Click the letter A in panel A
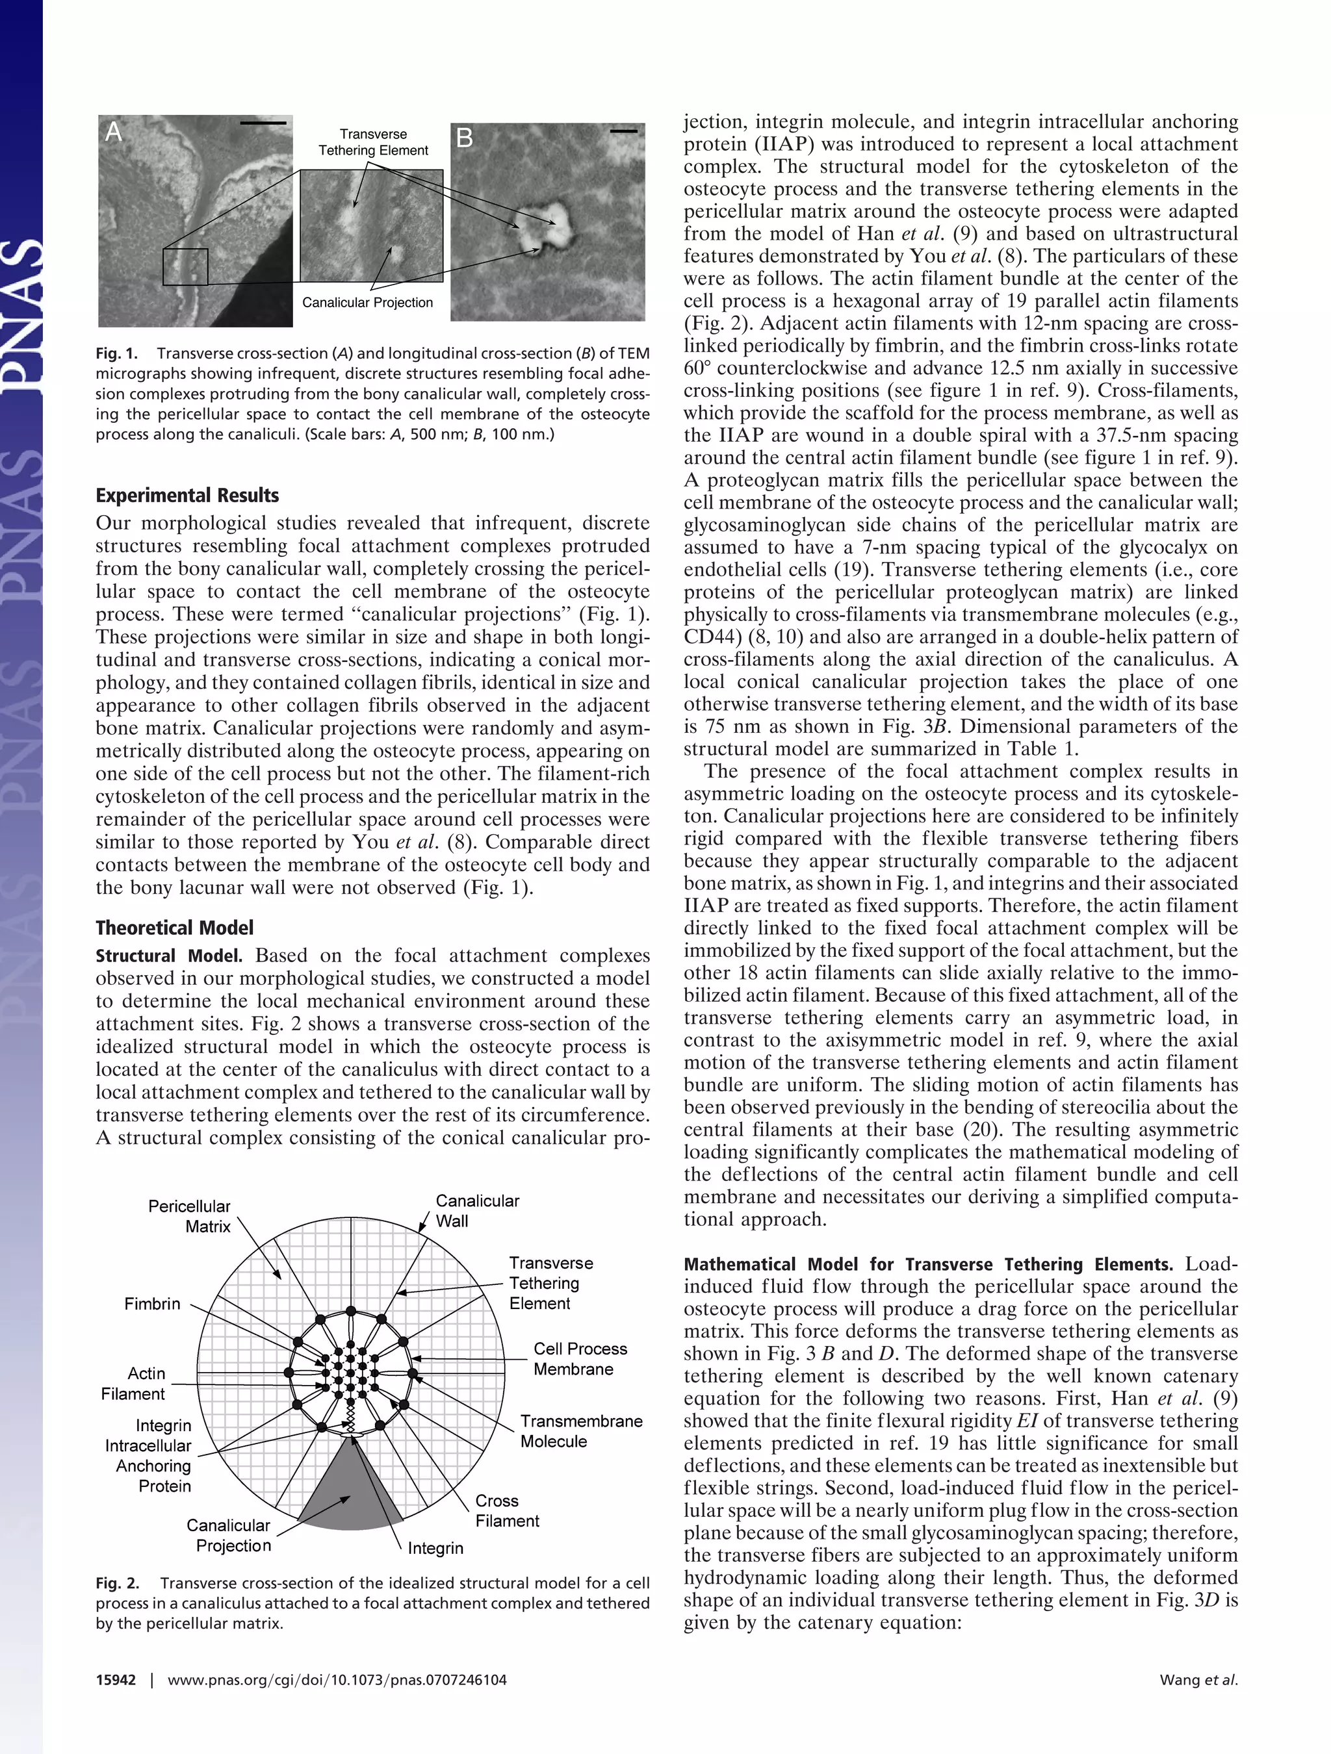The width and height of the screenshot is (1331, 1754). [114, 132]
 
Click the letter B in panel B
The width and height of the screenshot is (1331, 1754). [464, 139]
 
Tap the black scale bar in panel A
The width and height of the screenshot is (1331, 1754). [263, 123]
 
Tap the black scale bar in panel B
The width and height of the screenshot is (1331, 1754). [625, 131]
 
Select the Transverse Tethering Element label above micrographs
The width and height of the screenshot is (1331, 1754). [373, 142]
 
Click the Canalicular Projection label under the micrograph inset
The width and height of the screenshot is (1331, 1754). [367, 302]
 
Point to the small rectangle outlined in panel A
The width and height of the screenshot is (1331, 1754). [185, 266]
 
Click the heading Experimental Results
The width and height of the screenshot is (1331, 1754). [187, 496]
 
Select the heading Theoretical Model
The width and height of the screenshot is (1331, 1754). [175, 928]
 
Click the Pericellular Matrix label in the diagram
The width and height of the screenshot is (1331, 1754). [190, 1215]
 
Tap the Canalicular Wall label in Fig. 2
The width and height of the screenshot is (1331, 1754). [477, 1211]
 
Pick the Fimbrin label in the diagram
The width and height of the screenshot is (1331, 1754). [152, 1304]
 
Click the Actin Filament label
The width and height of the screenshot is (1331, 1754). [133, 1383]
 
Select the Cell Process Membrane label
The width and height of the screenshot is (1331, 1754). [580, 1358]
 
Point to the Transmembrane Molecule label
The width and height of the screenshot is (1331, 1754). [580, 1430]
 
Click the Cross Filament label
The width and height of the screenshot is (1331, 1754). [507, 1510]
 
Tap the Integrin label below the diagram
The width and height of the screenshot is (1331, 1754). [435, 1548]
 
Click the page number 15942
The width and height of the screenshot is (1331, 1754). [116, 1679]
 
